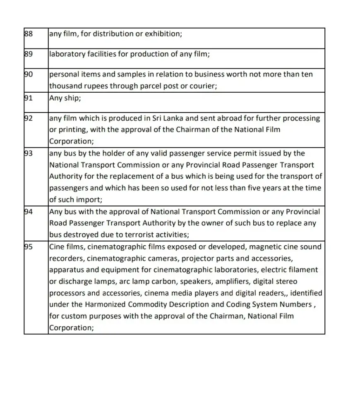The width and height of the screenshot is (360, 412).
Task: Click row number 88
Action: pos(29,34)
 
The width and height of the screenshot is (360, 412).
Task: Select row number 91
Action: pos(29,98)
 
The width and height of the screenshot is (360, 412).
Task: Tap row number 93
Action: pos(29,153)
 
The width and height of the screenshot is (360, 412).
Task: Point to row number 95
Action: pos(29,247)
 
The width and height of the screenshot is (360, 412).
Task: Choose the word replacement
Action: pos(136,176)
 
